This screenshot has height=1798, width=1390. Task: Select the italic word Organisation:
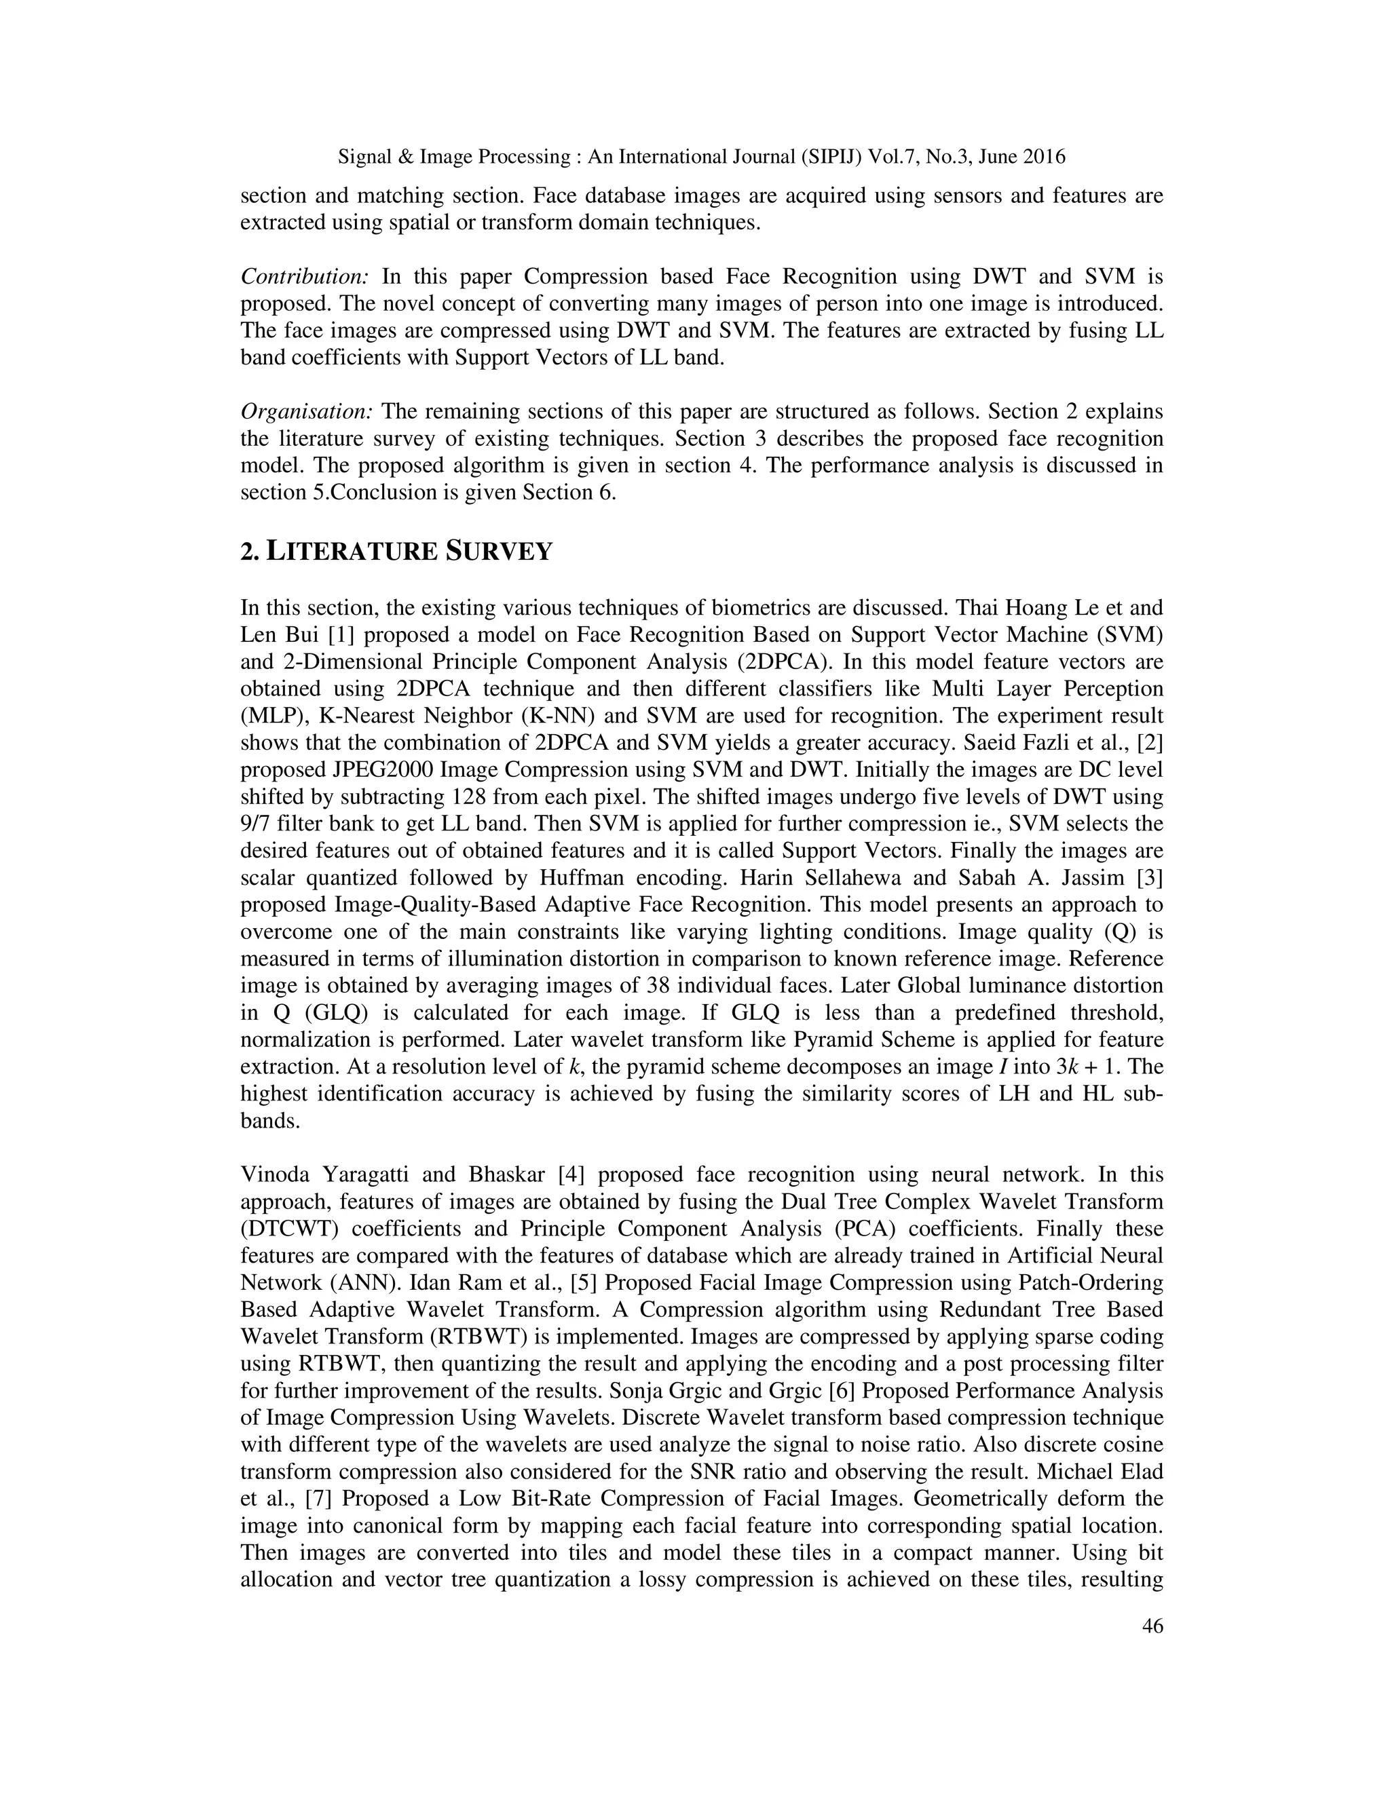307,410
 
